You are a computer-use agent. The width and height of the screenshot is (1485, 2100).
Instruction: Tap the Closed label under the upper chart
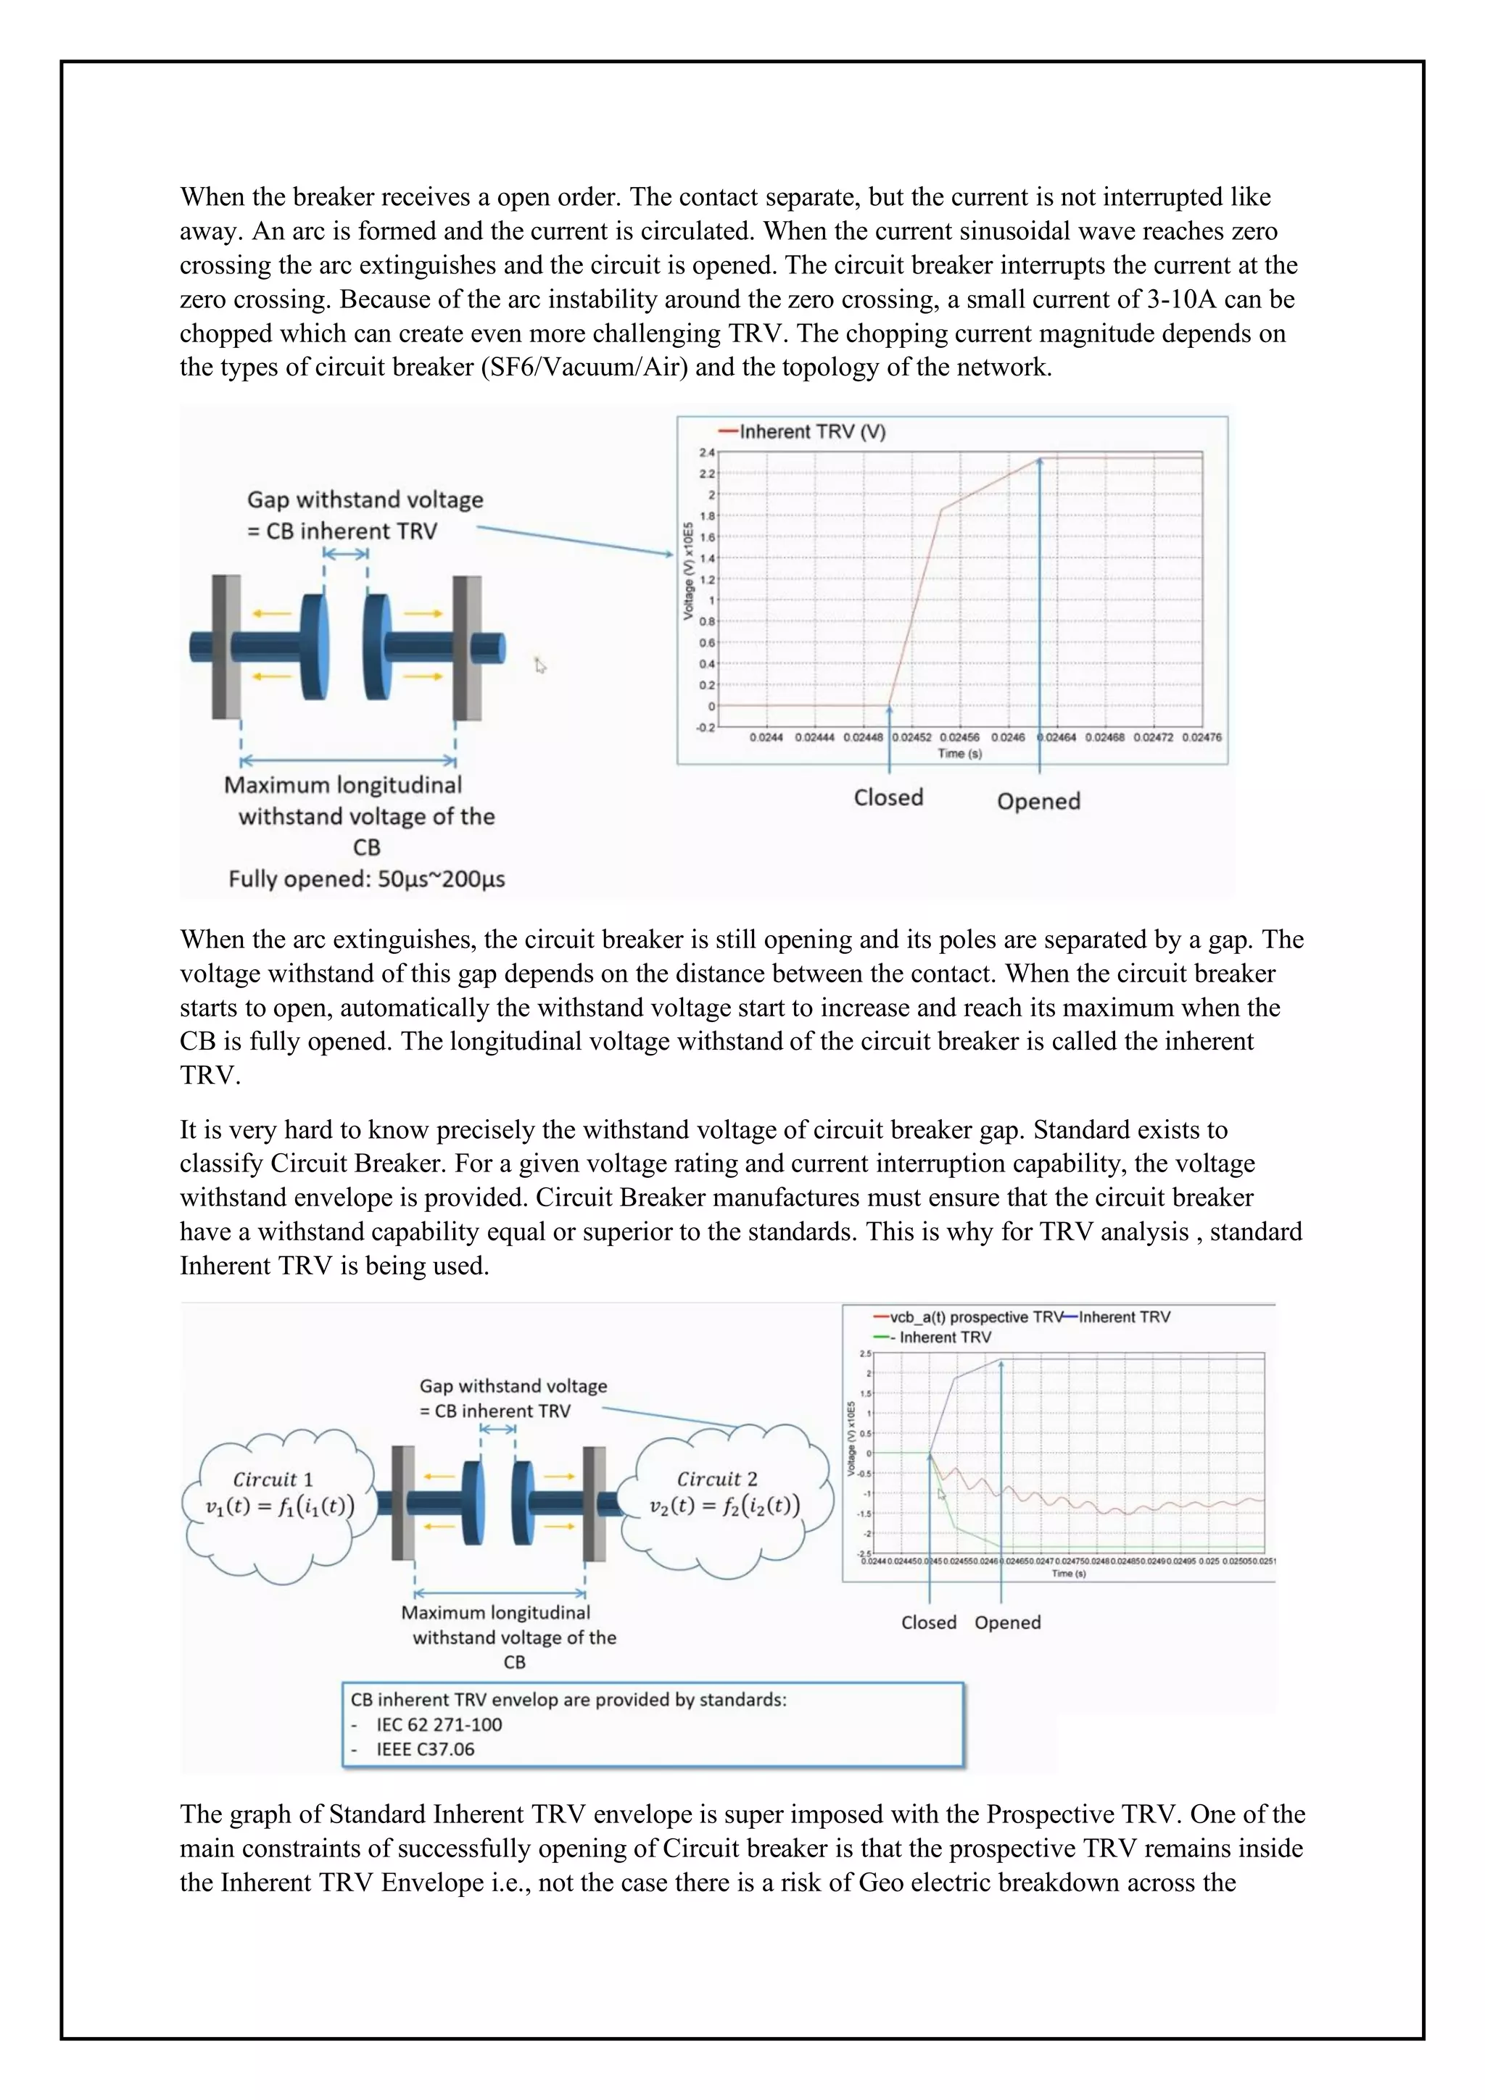(888, 797)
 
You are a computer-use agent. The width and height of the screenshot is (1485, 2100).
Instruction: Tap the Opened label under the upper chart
(1038, 801)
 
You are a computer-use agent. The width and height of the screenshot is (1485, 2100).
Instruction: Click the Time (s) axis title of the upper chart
(959, 754)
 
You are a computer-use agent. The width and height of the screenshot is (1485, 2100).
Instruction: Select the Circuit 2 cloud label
(716, 1479)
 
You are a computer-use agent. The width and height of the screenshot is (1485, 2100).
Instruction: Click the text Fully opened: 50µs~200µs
(366, 879)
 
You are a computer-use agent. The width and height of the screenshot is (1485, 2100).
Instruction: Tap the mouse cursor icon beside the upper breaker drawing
(539, 666)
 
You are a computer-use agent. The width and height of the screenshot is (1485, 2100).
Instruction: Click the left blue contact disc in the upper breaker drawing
(314, 647)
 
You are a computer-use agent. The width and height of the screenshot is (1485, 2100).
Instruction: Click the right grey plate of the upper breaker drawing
(468, 647)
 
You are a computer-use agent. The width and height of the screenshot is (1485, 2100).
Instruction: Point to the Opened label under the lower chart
(1007, 1622)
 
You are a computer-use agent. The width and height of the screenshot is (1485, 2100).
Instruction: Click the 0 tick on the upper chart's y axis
(711, 706)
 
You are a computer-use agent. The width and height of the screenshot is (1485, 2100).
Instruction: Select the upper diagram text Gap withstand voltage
(365, 499)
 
